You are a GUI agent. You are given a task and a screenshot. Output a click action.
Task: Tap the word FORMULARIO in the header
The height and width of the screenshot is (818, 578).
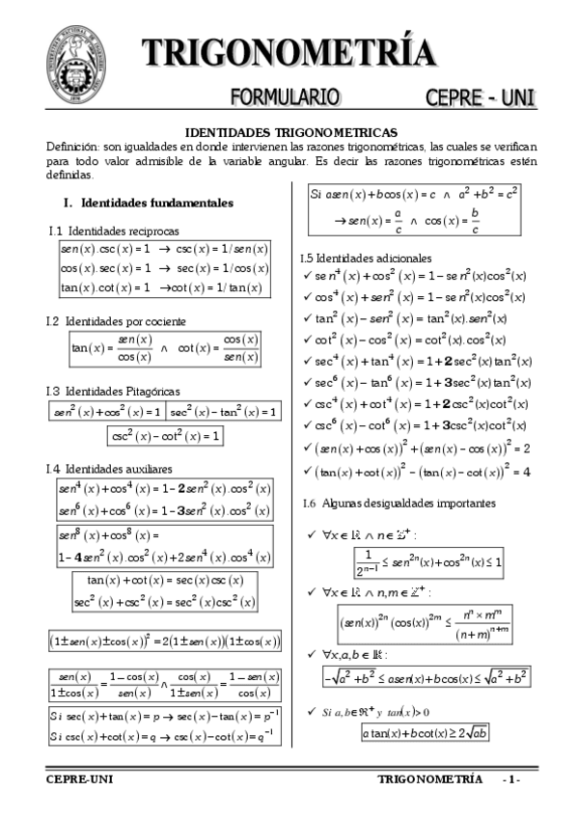(285, 96)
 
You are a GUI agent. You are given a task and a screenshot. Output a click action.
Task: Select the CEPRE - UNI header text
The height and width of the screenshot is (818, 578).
(480, 96)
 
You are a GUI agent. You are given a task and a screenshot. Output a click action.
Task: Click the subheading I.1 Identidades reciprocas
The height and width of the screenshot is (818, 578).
(113, 231)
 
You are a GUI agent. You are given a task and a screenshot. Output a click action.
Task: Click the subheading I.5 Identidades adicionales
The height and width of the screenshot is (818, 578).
(366, 258)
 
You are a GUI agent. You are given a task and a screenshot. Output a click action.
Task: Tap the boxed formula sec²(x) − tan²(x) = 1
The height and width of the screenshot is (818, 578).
(223, 412)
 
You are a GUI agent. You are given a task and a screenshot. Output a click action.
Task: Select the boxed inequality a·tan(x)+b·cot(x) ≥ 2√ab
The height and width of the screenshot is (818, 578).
(425, 732)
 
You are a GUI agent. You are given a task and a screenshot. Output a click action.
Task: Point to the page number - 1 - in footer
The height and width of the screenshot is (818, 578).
(510, 779)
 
